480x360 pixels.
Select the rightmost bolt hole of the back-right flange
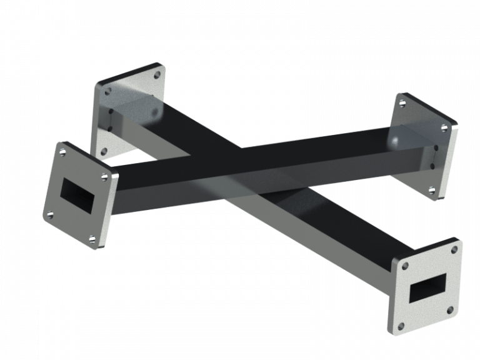[x=444, y=127]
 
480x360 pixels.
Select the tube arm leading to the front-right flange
[x=325, y=225]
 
